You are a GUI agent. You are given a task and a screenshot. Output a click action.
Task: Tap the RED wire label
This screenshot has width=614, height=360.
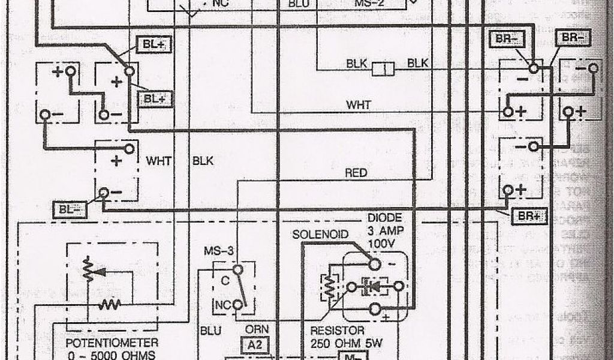[356, 173]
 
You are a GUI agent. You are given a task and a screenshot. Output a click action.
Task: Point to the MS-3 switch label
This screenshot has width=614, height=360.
[218, 250]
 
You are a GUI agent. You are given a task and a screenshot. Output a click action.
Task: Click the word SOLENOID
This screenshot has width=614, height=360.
[320, 234]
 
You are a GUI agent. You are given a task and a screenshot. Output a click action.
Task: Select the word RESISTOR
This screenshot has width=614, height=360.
[336, 331]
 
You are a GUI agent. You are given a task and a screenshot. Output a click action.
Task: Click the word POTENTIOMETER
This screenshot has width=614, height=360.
[112, 343]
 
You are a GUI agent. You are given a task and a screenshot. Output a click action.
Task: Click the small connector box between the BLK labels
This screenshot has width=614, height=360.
[383, 70]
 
